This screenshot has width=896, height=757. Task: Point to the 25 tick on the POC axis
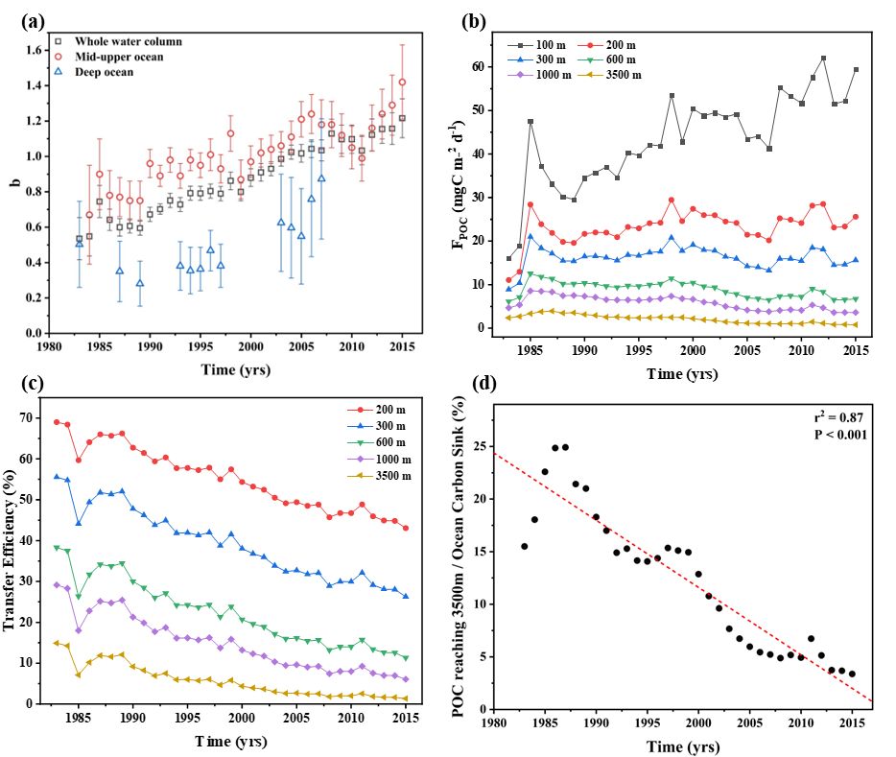point(481,446)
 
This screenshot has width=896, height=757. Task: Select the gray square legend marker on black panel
point(521,45)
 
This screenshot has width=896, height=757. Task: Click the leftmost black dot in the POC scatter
point(524,546)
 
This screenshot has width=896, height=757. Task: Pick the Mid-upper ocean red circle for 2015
point(402,83)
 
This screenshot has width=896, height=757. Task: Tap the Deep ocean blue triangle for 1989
point(140,283)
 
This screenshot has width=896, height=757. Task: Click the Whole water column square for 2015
point(402,118)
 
